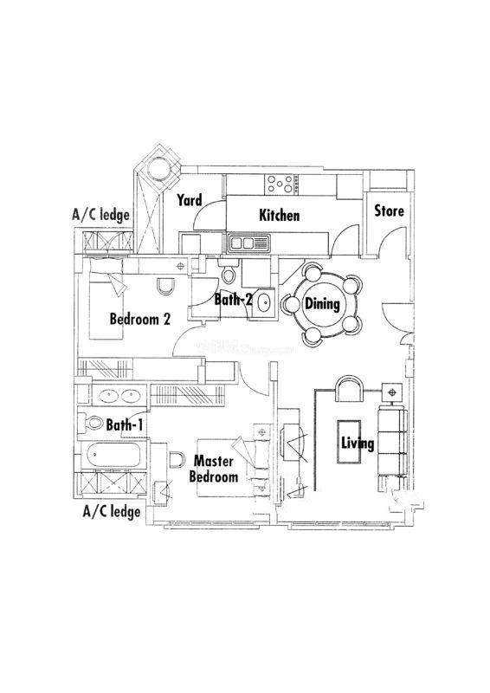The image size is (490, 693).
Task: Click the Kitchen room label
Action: [x=280, y=216]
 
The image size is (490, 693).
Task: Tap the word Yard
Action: [x=190, y=200]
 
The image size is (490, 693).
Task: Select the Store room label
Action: [x=390, y=210]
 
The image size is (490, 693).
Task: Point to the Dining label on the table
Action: [x=323, y=304]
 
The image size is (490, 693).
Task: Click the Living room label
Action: [x=358, y=443]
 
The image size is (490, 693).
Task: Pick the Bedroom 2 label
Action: [x=140, y=319]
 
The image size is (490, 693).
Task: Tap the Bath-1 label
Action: [x=125, y=425]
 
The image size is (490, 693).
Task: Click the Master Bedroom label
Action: [x=214, y=469]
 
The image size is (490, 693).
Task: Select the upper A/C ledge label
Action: [x=100, y=215]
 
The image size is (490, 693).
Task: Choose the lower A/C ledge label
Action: [x=112, y=512]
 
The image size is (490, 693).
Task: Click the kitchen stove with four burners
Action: [x=281, y=185]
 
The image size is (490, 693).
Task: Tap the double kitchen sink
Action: [x=248, y=243]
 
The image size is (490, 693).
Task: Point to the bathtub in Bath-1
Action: [x=114, y=455]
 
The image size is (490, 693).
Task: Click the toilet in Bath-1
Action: [x=91, y=423]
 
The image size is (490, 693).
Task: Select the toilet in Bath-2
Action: [x=228, y=271]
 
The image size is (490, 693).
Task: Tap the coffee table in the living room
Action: [x=349, y=442]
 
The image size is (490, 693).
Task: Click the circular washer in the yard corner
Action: [x=158, y=168]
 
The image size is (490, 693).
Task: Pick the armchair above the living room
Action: [x=350, y=389]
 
